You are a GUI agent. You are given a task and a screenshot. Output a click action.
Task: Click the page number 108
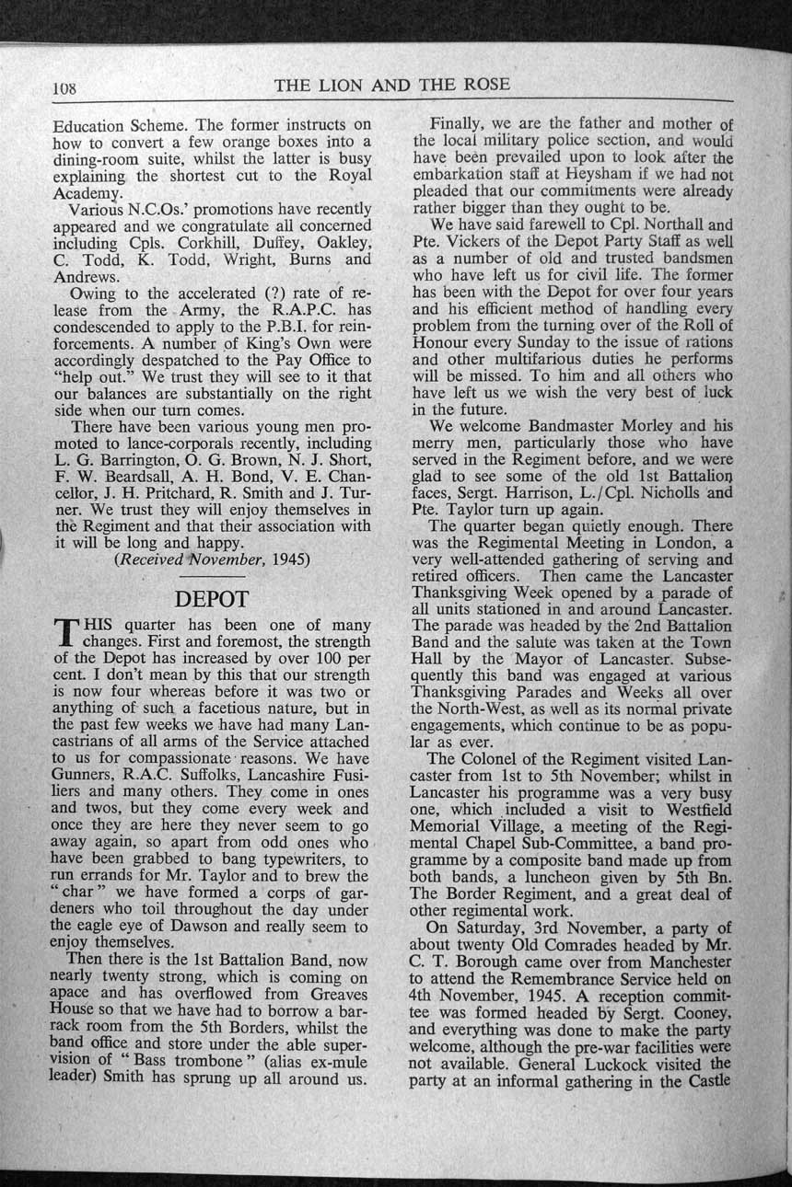click(64, 89)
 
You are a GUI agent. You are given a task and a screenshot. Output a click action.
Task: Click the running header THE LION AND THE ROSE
click(391, 86)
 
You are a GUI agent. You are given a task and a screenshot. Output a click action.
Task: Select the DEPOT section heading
click(212, 597)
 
